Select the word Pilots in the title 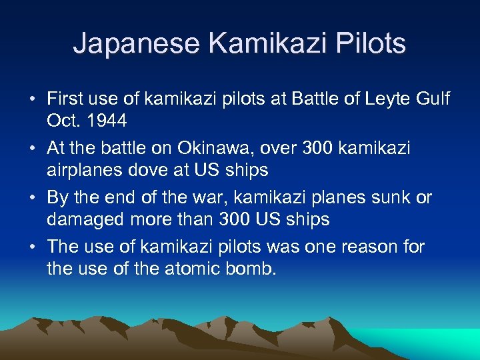click(372, 44)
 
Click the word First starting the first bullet click(65, 100)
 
